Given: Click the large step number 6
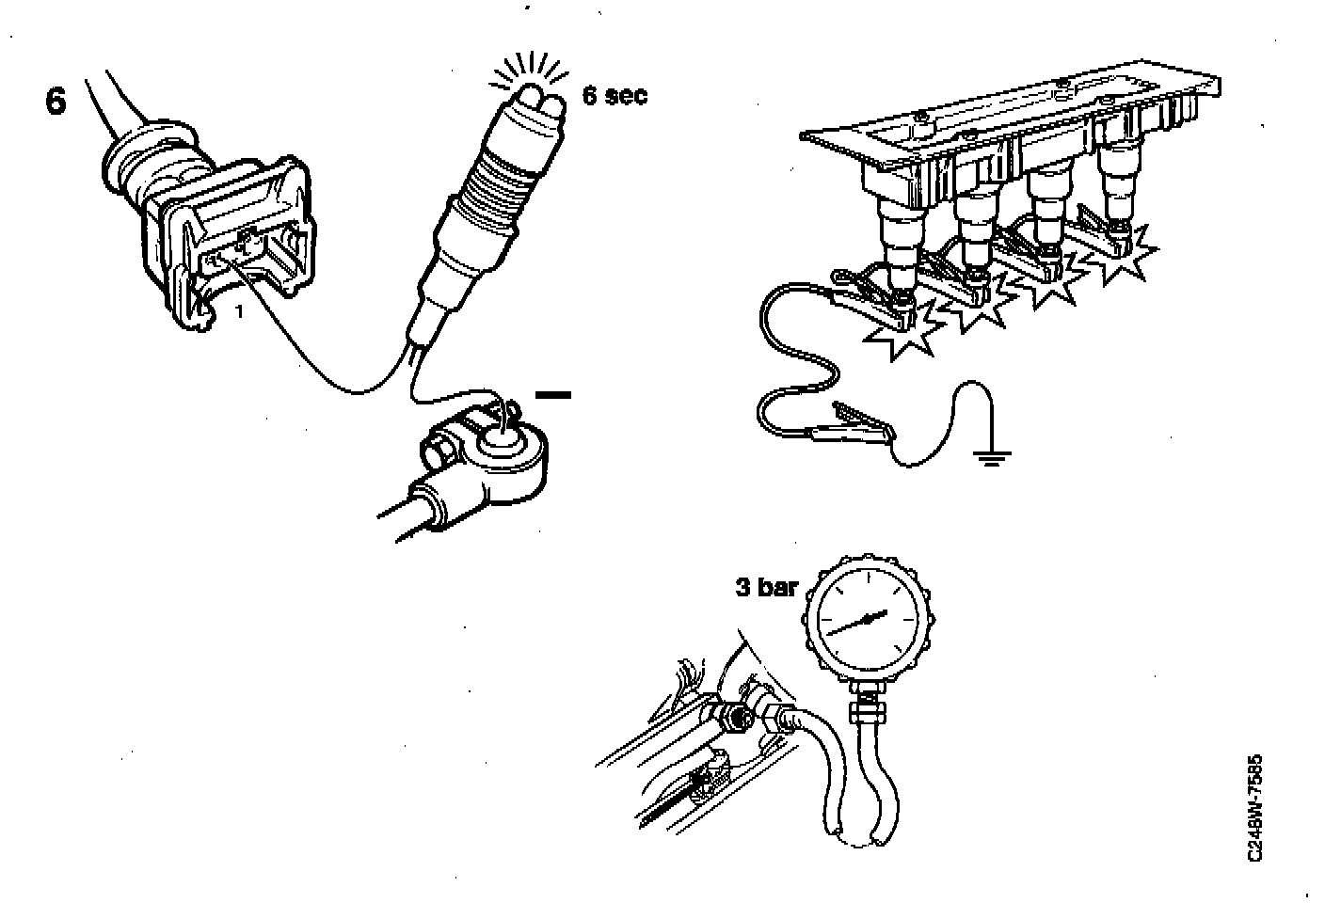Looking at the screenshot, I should point(56,103).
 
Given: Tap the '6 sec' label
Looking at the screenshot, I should point(615,95).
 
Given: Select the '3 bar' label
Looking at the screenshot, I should point(766,588).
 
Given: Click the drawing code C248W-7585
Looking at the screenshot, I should point(1254,808).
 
